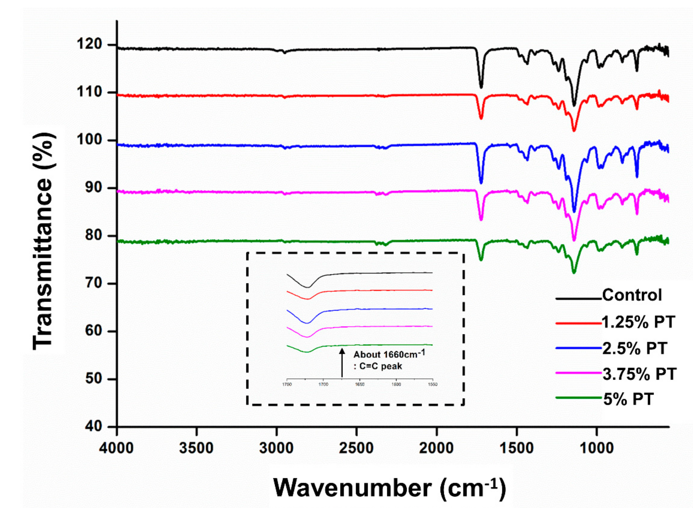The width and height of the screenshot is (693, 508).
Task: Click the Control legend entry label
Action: click(632, 295)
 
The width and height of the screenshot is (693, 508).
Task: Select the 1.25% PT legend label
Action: click(638, 322)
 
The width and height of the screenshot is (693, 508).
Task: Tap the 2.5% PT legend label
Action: click(634, 348)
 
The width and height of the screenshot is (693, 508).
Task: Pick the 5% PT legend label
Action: click(628, 399)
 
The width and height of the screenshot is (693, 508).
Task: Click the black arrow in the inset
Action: click(342, 363)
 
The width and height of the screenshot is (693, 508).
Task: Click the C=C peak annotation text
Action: click(378, 366)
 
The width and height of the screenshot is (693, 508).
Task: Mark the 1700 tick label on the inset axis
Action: click(323, 384)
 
